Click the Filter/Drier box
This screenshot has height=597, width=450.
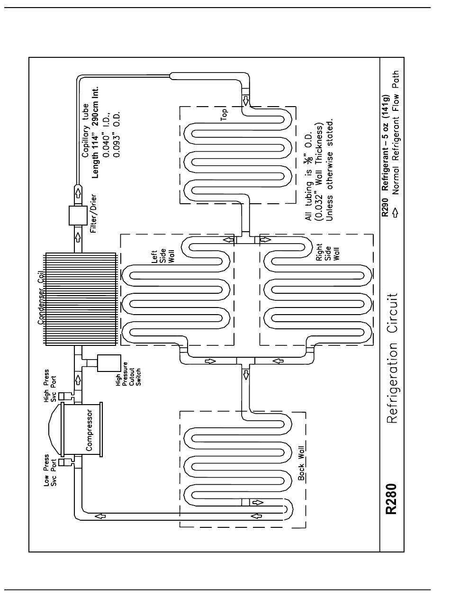click(x=78, y=216)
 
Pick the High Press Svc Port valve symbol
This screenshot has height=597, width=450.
click(x=63, y=397)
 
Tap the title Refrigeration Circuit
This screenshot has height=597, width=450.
click(x=392, y=358)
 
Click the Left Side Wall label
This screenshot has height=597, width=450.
click(x=163, y=256)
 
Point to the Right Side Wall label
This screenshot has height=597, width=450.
click(x=328, y=252)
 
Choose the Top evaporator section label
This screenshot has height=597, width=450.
click(x=224, y=115)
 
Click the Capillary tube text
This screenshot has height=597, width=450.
click(x=85, y=130)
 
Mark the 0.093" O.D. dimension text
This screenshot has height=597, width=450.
click(x=117, y=134)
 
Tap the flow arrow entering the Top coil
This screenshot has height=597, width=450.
click(x=246, y=100)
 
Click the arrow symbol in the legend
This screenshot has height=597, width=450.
click(x=395, y=213)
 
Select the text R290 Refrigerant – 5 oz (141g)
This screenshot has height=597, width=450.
click(x=385, y=155)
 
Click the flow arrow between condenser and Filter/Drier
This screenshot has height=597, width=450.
click(x=78, y=237)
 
